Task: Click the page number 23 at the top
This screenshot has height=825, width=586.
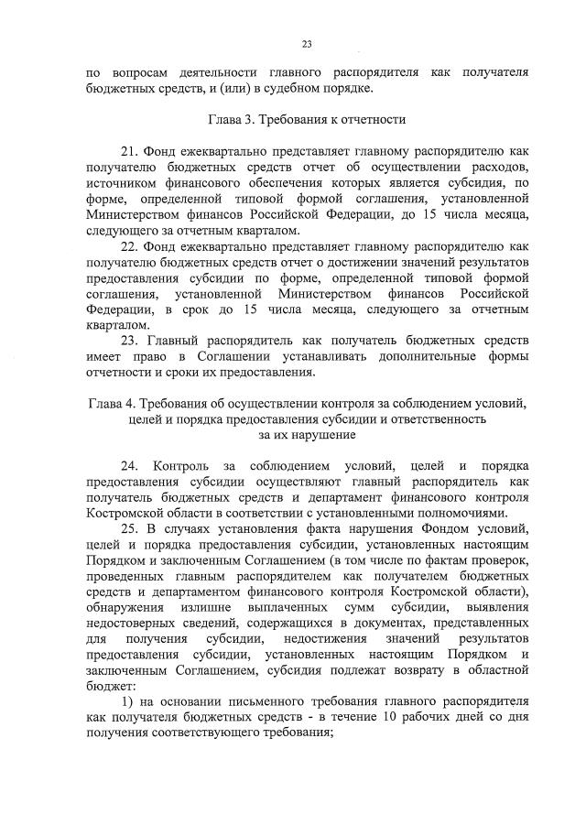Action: point(307,44)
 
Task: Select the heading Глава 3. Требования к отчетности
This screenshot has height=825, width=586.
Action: point(306,119)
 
